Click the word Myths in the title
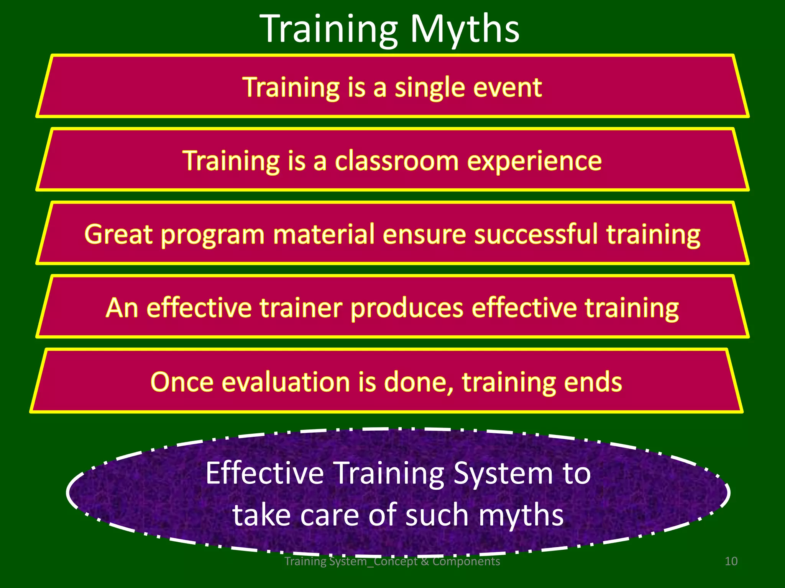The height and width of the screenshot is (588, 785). (465, 29)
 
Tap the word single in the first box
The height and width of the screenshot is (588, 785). (430, 88)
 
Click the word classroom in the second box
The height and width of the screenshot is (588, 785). (396, 161)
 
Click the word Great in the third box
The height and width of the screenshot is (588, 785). (118, 234)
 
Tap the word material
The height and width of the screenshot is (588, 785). (324, 234)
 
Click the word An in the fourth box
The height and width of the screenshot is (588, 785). (122, 308)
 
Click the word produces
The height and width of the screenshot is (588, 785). (407, 309)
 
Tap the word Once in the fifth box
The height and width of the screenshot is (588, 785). (182, 382)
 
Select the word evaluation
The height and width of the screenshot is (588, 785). (286, 382)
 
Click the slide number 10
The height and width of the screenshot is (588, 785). (731, 561)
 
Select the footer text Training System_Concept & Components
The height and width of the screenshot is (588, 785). (392, 561)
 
